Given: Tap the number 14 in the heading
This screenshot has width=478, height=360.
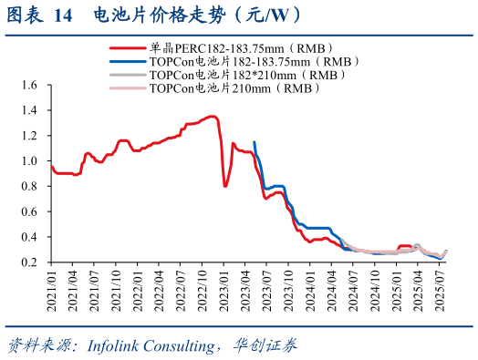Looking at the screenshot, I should tap(62, 15).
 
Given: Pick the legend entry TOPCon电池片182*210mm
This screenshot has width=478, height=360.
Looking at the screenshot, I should tap(243, 76).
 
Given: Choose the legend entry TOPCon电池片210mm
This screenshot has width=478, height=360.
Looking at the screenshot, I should tap(235, 89).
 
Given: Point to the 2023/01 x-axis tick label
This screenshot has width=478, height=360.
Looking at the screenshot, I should tap(225, 290).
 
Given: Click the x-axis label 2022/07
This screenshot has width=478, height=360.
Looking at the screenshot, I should tap(182, 290).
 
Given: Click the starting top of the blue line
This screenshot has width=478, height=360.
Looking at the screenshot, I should tap(254, 141).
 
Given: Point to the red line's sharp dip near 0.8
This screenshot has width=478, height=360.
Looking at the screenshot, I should tap(225, 186).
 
